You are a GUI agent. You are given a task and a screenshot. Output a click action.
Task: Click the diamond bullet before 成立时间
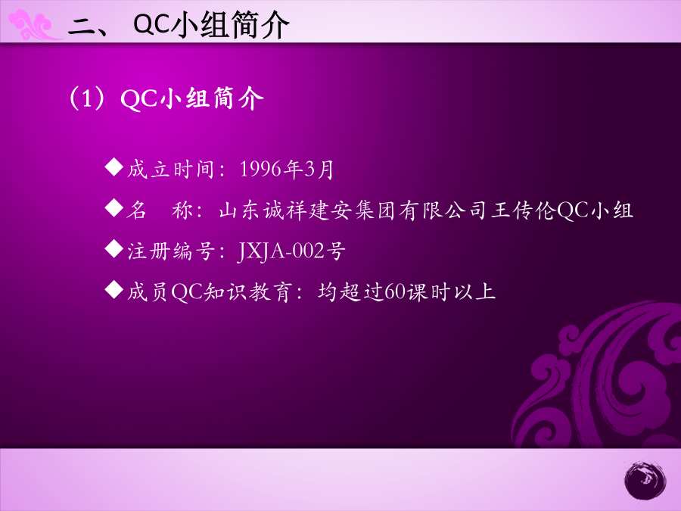click(114, 167)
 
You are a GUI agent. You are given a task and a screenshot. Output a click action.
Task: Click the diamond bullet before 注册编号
click(114, 249)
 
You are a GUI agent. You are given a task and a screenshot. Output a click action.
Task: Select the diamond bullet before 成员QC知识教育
click(114, 290)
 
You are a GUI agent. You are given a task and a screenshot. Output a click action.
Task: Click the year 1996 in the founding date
click(260, 169)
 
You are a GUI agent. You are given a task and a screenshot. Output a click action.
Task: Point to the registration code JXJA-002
click(281, 251)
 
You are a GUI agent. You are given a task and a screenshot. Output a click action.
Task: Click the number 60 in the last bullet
click(395, 292)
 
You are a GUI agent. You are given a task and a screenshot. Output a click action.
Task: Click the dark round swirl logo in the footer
click(645, 481)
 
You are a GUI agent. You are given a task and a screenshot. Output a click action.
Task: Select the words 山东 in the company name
click(241, 210)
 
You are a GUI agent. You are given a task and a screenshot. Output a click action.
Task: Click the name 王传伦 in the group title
click(524, 210)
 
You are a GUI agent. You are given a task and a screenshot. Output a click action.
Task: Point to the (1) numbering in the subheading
click(87, 98)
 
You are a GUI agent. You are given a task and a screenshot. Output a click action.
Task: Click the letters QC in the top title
click(151, 24)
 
